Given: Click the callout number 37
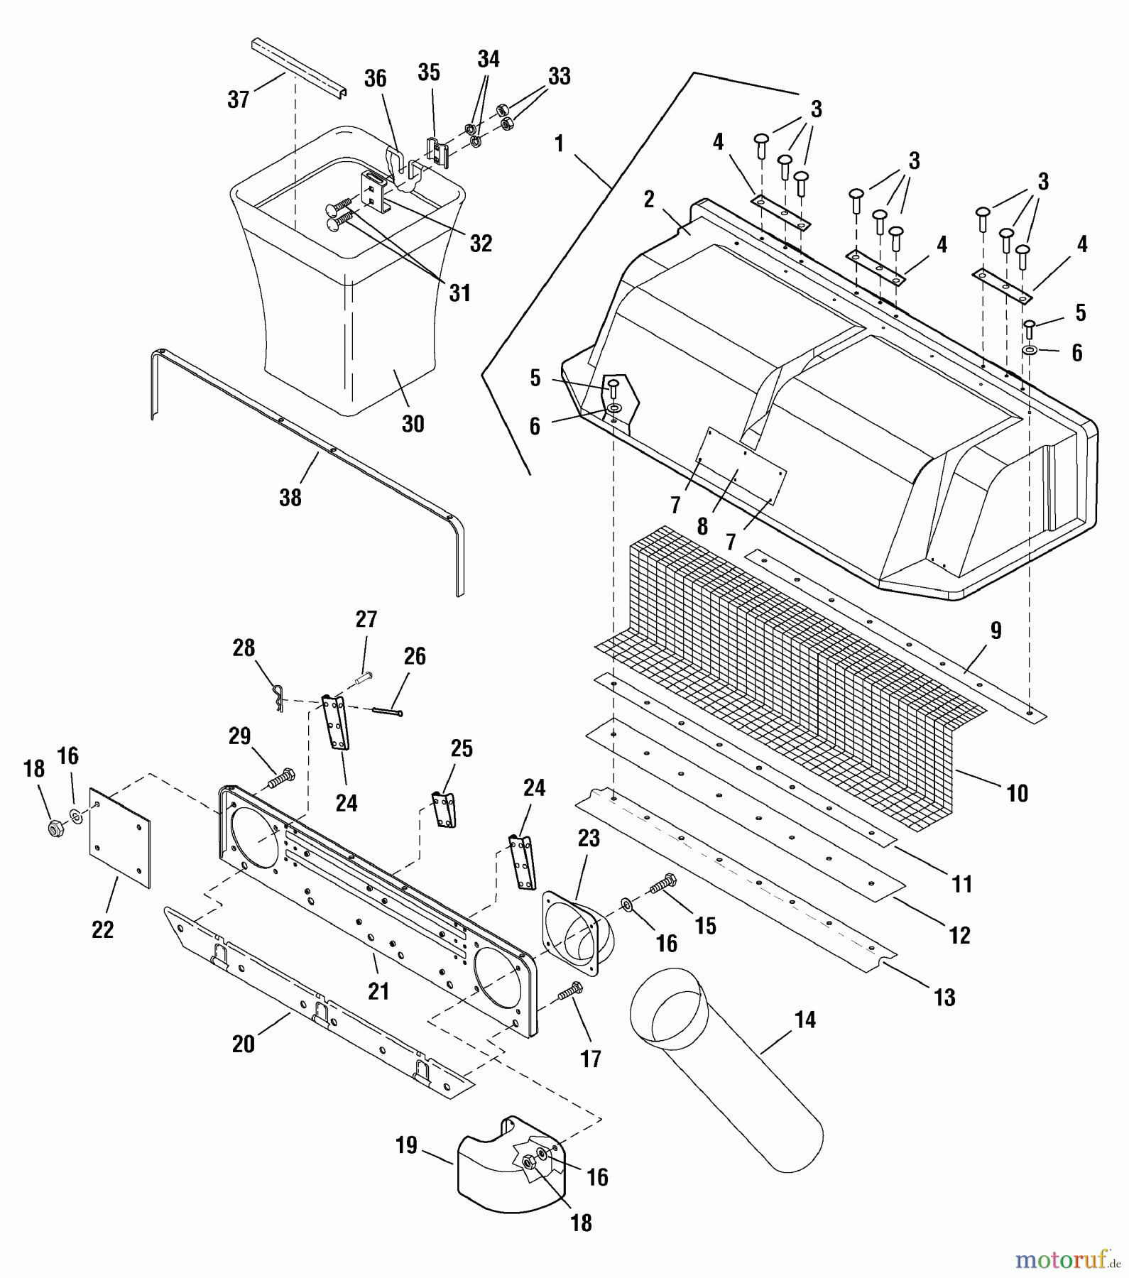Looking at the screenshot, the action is pyautogui.click(x=239, y=99).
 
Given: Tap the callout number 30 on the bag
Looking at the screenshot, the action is pyautogui.click(x=413, y=424).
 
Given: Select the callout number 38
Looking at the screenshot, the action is pyautogui.click(x=290, y=497).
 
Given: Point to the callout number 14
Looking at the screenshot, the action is pyautogui.click(x=805, y=1020).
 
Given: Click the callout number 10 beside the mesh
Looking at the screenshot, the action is pyautogui.click(x=1018, y=793).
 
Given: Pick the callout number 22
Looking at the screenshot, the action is pyautogui.click(x=103, y=929).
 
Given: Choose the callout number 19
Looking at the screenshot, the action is pyautogui.click(x=406, y=1146).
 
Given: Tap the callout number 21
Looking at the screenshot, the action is pyautogui.click(x=378, y=990).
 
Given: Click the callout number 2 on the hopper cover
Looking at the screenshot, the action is pyautogui.click(x=648, y=200).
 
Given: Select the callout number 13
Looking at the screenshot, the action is pyautogui.click(x=944, y=998).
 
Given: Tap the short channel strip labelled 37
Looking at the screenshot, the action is pyautogui.click(x=298, y=70).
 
